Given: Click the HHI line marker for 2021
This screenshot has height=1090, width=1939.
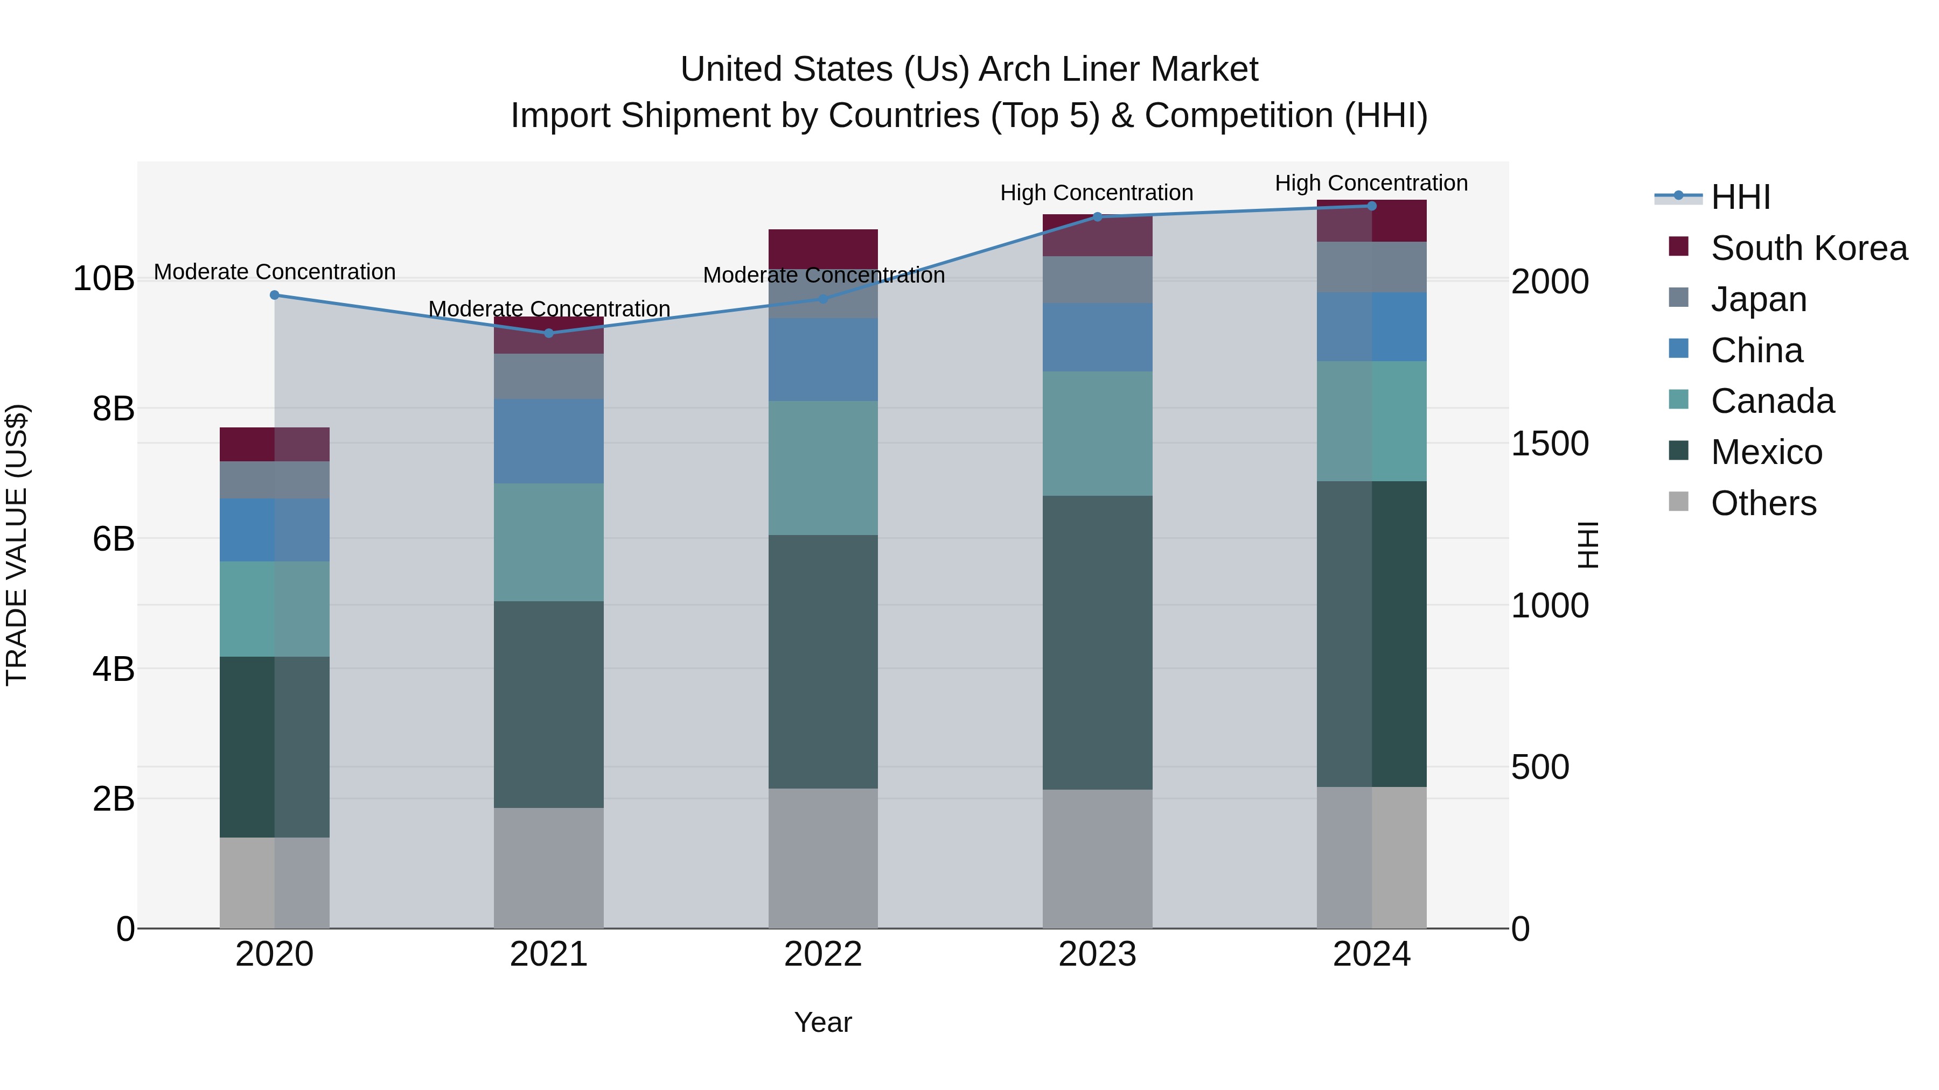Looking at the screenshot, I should click(x=549, y=333).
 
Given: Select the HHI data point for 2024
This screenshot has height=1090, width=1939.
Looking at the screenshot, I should click(x=1371, y=206).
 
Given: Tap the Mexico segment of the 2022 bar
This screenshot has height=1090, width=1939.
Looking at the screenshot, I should click(x=822, y=662).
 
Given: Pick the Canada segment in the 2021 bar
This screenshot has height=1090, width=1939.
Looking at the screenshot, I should click(x=549, y=543).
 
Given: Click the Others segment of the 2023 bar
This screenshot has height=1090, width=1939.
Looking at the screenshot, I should click(x=1097, y=859).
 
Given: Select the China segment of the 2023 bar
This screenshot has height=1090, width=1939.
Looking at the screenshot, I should click(x=1097, y=337).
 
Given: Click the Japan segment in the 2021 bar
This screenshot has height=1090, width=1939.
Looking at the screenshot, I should click(x=549, y=376).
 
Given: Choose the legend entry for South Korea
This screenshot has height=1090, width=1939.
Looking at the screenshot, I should click(x=1808, y=248).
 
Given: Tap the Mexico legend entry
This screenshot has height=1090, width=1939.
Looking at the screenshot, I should click(x=1766, y=452).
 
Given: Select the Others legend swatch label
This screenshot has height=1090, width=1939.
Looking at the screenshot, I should click(x=1763, y=503).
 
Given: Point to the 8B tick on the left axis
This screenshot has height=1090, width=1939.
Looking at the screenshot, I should click(x=113, y=409).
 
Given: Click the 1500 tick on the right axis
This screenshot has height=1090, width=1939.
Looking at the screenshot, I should click(x=1549, y=444).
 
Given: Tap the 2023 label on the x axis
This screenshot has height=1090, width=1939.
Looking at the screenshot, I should click(x=1097, y=954).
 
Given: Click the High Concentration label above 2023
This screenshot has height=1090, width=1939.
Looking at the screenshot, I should click(x=1096, y=193).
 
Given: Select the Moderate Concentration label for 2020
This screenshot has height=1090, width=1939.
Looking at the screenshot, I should click(x=275, y=272).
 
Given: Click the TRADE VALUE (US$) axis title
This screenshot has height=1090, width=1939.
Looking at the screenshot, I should click(x=17, y=545).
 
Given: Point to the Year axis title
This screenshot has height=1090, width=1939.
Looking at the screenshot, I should click(x=822, y=1022).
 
